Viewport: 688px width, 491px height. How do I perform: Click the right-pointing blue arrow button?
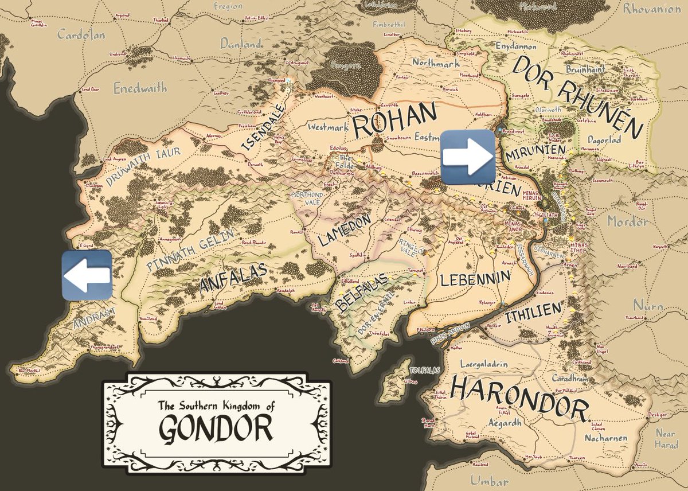(467, 157)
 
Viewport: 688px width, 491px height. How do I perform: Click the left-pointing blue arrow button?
(87, 275)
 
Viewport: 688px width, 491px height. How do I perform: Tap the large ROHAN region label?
(395, 120)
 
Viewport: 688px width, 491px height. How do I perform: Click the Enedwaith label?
(140, 88)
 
